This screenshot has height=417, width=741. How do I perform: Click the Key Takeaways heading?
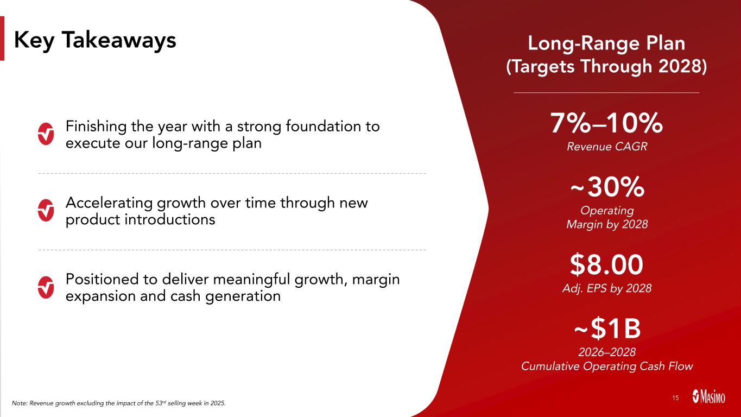[95, 40]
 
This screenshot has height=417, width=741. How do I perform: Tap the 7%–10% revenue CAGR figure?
[606, 123]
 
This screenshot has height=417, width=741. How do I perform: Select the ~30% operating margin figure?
[607, 187]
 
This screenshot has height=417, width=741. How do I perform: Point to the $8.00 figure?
[606, 264]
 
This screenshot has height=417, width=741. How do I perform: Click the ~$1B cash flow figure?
[607, 328]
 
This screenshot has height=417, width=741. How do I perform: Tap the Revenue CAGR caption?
[607, 147]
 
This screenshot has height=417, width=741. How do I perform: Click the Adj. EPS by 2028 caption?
[607, 288]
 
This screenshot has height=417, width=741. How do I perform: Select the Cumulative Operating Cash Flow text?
[607, 366]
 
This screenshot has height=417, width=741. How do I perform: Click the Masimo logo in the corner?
[708, 396]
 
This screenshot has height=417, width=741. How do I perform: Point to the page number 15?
[675, 397]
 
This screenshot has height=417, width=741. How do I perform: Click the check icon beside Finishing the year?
[46, 134]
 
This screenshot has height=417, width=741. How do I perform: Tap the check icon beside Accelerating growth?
[46, 211]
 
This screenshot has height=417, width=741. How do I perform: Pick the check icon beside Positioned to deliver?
[46, 287]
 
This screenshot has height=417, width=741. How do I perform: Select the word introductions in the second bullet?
[170, 219]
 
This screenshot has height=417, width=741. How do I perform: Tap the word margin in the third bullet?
[376, 280]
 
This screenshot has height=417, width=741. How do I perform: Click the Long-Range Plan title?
[606, 43]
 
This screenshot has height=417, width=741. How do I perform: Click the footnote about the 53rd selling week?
[119, 403]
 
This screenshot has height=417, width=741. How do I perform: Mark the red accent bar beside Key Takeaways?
[2, 39]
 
